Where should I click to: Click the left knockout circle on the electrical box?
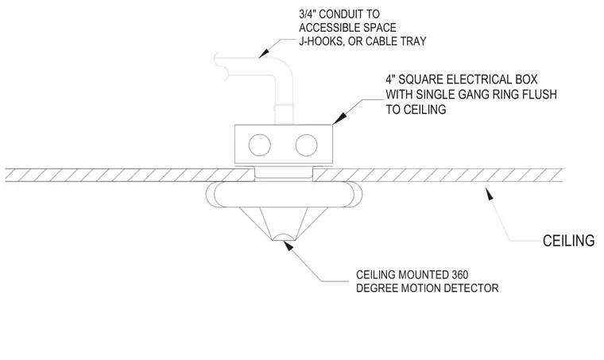click(x=260, y=145)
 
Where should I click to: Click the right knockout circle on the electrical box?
click(x=306, y=145)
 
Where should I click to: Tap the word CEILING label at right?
click(x=568, y=241)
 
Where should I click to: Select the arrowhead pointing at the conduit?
click(x=264, y=52)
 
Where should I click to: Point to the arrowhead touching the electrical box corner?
click(x=338, y=118)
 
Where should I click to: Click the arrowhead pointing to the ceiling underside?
click(x=489, y=193)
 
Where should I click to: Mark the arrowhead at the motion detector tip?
click(x=288, y=246)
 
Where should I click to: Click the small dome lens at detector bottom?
click(x=284, y=237)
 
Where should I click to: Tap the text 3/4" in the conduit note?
click(x=308, y=14)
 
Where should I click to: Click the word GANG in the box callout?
click(x=469, y=95)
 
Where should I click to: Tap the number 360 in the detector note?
click(x=459, y=275)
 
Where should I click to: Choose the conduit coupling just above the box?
click(x=284, y=105)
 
